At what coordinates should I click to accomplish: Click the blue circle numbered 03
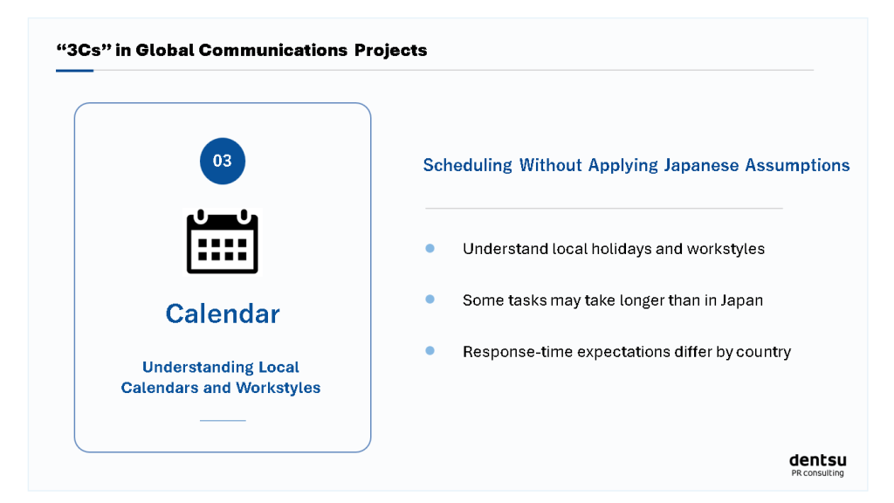click(223, 161)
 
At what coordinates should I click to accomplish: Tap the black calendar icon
click(223, 241)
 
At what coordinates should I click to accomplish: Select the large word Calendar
click(223, 314)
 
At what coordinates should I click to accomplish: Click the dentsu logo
click(817, 460)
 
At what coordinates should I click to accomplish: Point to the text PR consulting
click(817, 472)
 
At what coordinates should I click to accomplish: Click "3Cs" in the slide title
click(83, 50)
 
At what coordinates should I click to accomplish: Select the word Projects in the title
click(390, 50)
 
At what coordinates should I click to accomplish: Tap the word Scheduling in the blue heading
click(468, 165)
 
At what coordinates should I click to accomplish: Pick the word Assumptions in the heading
click(797, 165)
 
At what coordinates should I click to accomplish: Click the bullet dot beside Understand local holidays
click(430, 248)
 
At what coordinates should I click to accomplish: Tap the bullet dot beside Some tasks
click(430, 300)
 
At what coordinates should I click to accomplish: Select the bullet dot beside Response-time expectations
click(430, 351)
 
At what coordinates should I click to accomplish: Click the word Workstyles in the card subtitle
click(279, 388)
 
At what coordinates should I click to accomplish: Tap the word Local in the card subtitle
click(279, 367)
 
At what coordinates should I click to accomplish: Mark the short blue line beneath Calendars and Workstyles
click(223, 420)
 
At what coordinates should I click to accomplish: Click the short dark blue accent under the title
click(75, 71)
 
